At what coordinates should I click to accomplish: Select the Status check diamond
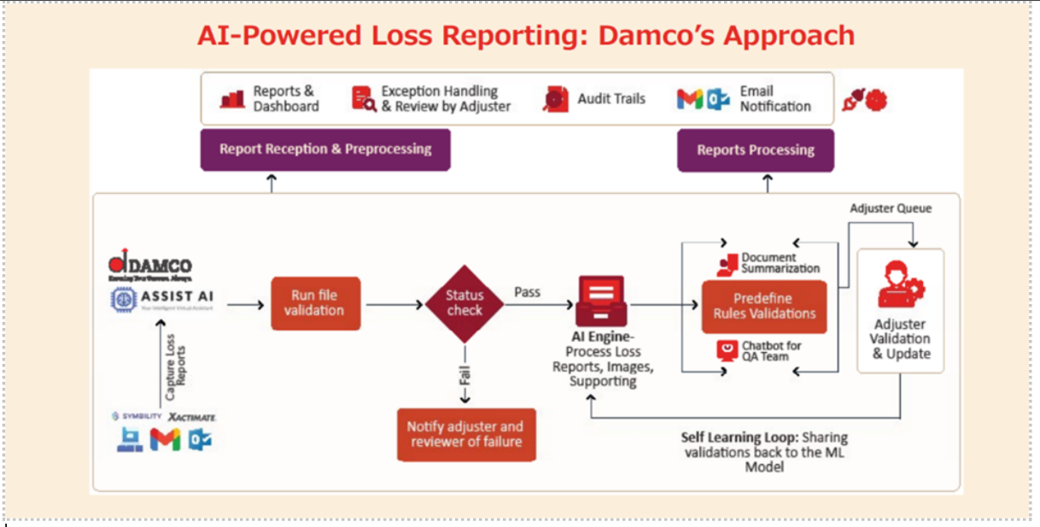click(464, 303)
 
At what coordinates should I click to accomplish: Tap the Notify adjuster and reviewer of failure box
click(465, 434)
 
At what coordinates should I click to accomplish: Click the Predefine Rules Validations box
click(764, 306)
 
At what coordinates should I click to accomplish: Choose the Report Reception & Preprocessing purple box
click(324, 149)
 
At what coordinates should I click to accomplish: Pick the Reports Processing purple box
click(755, 150)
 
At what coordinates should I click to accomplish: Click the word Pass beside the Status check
click(527, 292)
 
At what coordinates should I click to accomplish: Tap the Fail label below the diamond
click(465, 376)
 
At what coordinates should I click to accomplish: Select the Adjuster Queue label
click(891, 208)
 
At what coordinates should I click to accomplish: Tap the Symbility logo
click(137, 416)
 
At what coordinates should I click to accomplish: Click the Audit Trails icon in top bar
click(556, 99)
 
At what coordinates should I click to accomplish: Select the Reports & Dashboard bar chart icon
click(232, 99)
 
